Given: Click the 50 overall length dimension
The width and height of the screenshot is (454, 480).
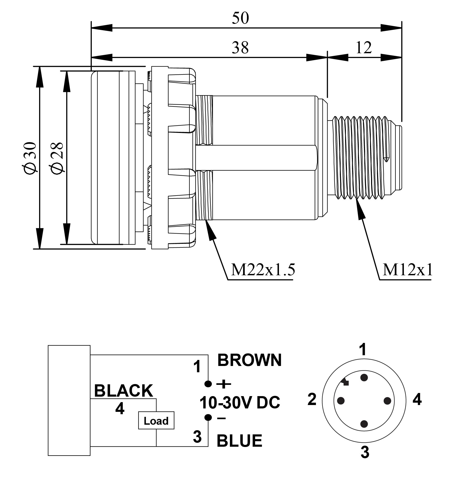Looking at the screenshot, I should pyautogui.click(x=240, y=18).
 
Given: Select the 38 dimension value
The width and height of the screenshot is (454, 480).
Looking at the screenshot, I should pyautogui.click(x=240, y=48).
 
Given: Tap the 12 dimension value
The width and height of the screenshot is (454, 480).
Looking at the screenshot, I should pyautogui.click(x=364, y=48).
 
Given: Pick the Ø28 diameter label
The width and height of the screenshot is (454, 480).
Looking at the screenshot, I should pyautogui.click(x=57, y=158).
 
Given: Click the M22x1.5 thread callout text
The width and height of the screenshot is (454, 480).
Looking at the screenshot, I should pyautogui.click(x=263, y=270).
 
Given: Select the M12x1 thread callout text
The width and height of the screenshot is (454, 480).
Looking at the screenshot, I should pyautogui.click(x=407, y=270).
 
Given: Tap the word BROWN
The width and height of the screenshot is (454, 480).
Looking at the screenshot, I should pyautogui.click(x=249, y=360).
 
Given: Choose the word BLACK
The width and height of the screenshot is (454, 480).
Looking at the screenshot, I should pyautogui.click(x=123, y=391).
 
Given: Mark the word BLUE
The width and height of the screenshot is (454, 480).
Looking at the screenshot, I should pyautogui.click(x=239, y=440).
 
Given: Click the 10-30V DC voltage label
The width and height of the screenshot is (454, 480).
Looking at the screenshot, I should pyautogui.click(x=240, y=402).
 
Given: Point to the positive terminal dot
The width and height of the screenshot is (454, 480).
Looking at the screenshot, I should pyautogui.click(x=208, y=384).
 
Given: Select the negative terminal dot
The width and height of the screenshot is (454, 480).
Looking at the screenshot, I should pyautogui.click(x=208, y=417).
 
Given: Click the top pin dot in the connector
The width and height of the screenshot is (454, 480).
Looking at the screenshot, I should pyautogui.click(x=364, y=378).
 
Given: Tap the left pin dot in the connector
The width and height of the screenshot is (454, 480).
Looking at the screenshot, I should pyautogui.click(x=341, y=401).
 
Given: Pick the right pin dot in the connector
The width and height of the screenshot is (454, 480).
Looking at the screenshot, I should pyautogui.click(x=387, y=401).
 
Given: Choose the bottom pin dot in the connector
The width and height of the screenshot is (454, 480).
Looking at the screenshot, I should pyautogui.click(x=364, y=424).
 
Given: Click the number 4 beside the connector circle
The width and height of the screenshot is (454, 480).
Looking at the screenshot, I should pyautogui.click(x=417, y=400).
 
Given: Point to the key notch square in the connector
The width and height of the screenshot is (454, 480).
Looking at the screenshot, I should pyautogui.click(x=346, y=383).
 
